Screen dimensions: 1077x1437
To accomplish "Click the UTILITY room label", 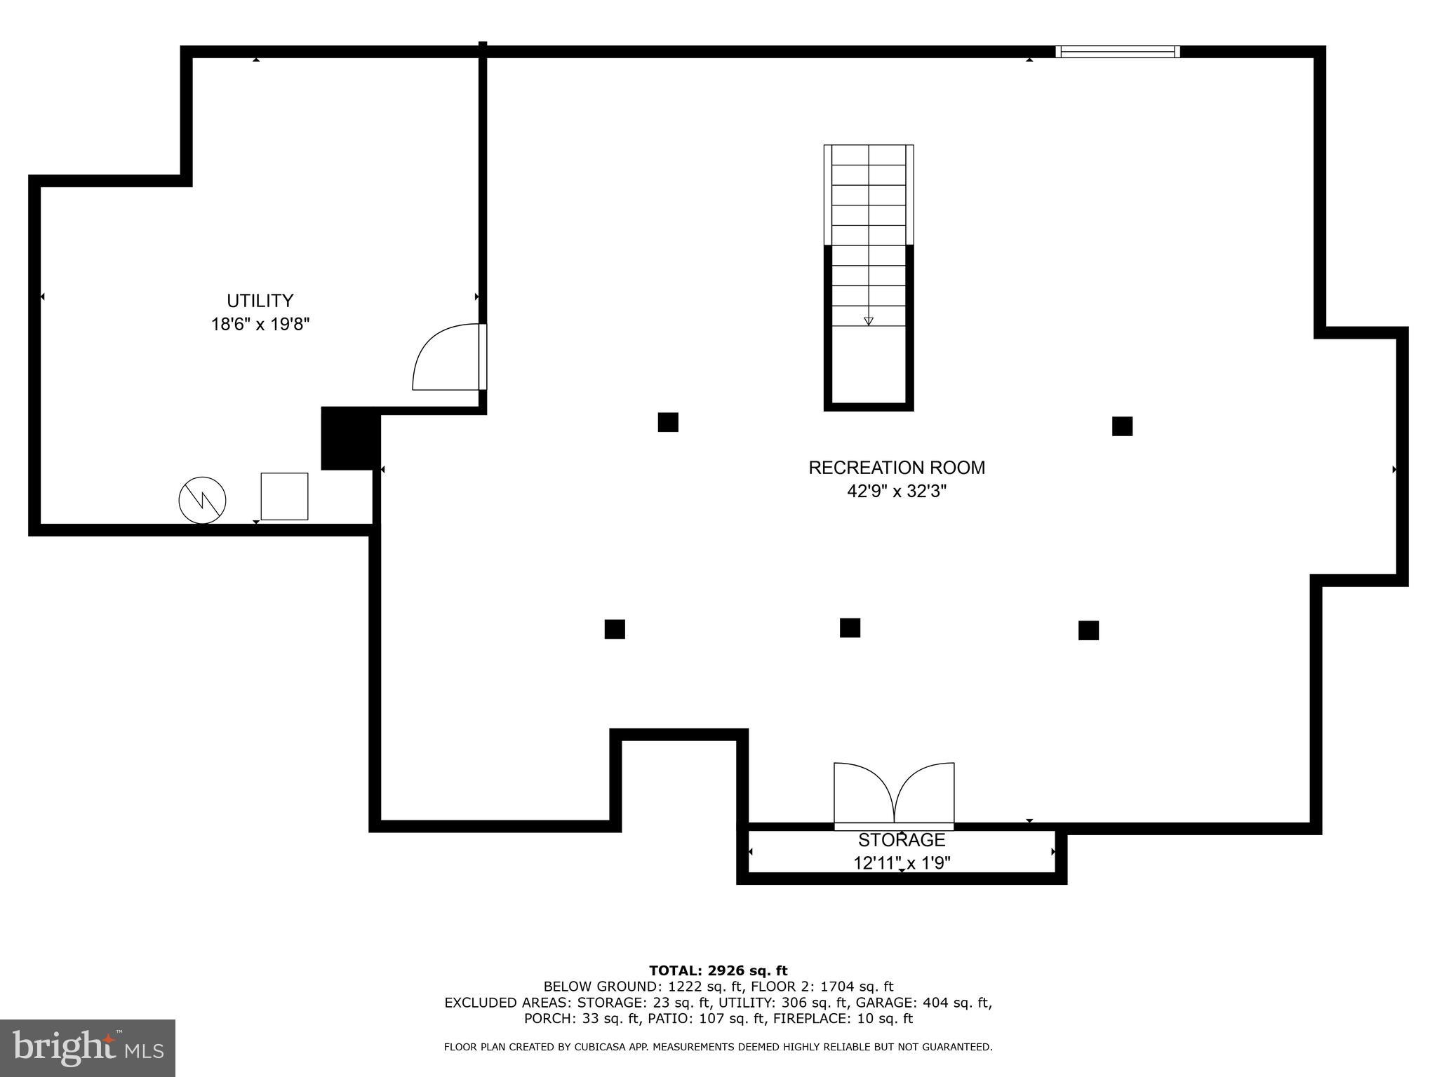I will point(260,301).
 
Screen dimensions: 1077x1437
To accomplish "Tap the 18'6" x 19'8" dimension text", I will point(260,325).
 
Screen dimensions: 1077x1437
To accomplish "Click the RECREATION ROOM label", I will point(896,468).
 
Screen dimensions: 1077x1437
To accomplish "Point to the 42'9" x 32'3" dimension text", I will point(896,492).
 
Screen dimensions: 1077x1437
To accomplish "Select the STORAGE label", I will point(901,840).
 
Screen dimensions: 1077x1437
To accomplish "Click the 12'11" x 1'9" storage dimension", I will point(901,863).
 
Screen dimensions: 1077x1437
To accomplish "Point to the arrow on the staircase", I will point(868,320).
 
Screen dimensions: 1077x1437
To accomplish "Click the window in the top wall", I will point(1117,51).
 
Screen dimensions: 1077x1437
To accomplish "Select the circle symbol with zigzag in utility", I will point(202,500).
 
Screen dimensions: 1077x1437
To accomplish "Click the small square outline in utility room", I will point(284,496).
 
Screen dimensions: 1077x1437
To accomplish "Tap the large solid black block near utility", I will point(349,439).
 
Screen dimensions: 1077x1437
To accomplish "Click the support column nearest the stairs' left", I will point(667,422).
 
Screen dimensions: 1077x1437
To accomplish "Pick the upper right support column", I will point(1121,426).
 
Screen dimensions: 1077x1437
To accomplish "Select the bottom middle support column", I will point(849,628).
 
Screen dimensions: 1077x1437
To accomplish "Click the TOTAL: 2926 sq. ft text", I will point(718,971).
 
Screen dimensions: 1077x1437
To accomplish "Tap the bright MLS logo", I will point(87,1048).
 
